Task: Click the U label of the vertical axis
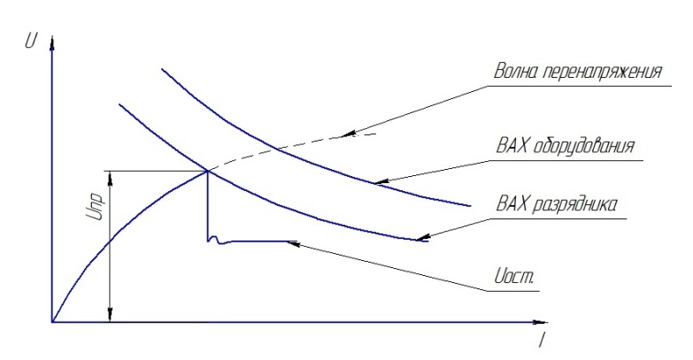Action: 32,40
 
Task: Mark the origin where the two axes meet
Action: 53,321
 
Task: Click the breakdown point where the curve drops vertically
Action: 207,171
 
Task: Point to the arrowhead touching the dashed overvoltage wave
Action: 349,134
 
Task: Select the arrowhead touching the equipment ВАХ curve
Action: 377,181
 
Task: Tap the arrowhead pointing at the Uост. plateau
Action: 296,241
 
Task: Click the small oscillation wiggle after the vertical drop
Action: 212,240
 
